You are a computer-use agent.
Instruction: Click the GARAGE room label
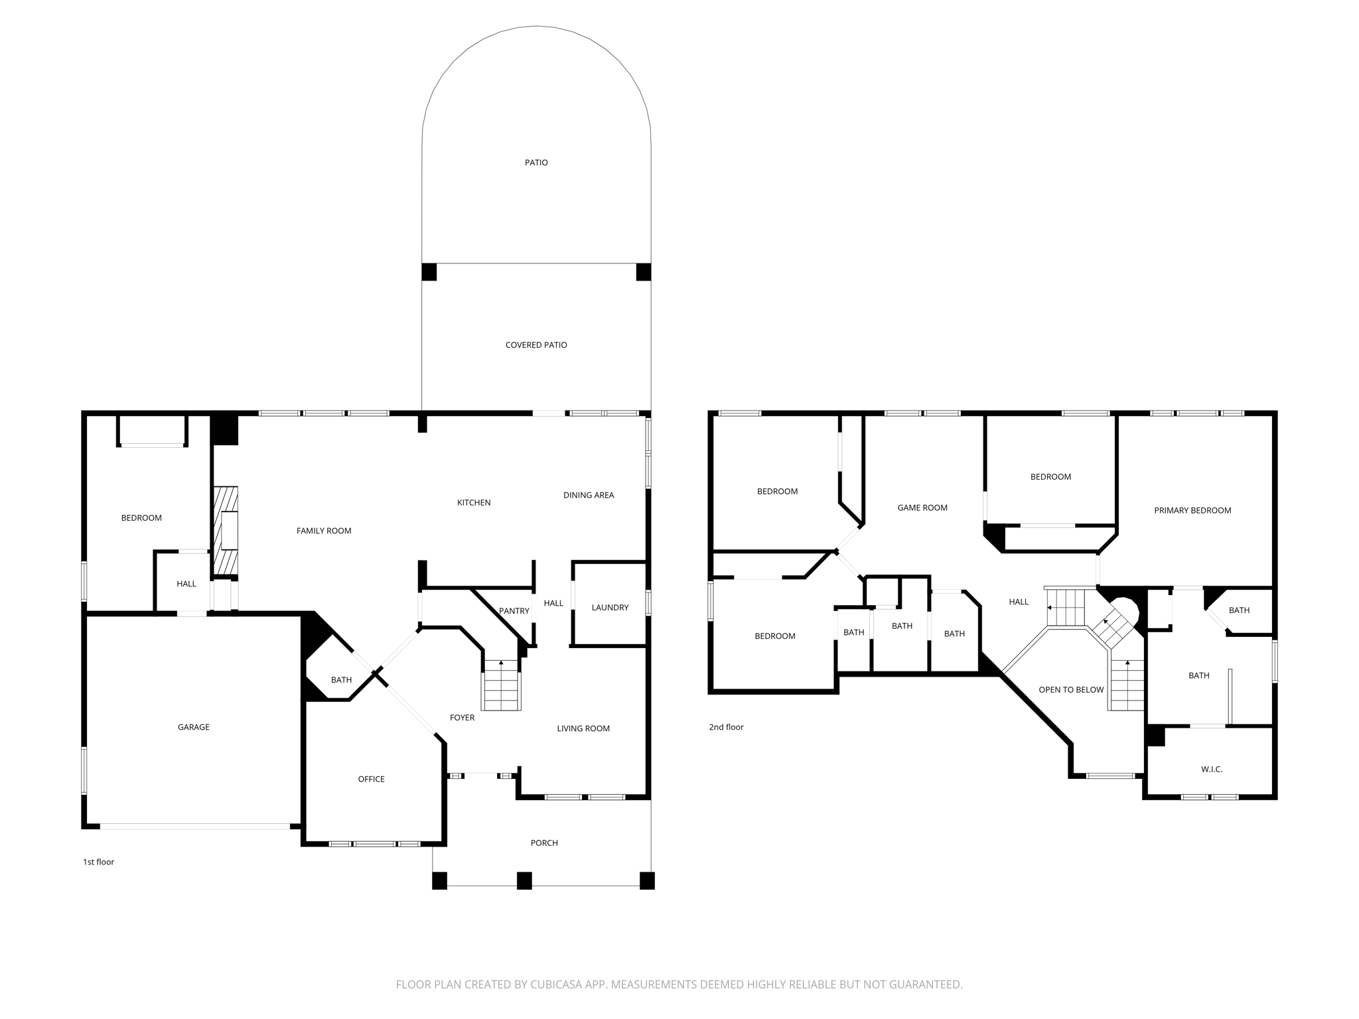(193, 727)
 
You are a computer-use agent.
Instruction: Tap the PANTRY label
(514, 611)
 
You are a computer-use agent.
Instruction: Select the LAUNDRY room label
(610, 608)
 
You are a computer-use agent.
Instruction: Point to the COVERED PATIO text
(536, 345)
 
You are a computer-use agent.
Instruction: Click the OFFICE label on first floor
(371, 779)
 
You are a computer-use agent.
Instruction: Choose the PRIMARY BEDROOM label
(1192, 510)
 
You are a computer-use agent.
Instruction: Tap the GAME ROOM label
(922, 508)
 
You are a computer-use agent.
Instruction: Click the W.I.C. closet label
(1212, 769)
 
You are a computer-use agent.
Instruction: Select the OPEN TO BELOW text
(1071, 690)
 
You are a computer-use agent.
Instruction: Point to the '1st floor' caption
(98, 862)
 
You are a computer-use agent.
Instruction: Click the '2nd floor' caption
(726, 727)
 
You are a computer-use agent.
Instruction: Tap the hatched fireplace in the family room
(225, 531)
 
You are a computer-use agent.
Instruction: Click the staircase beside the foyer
(502, 687)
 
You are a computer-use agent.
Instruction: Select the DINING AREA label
(589, 495)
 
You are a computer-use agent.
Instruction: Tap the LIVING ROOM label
(583, 728)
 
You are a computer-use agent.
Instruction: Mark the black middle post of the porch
(524, 880)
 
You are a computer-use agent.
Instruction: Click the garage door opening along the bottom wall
(194, 826)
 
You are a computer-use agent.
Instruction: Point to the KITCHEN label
(474, 503)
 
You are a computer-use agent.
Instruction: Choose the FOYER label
(462, 718)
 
